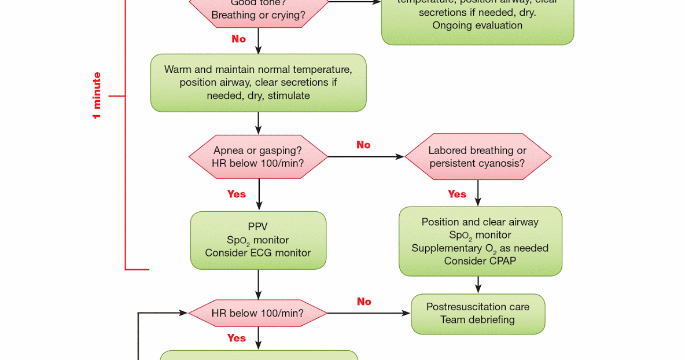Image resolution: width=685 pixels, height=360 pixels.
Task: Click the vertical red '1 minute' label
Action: point(97,95)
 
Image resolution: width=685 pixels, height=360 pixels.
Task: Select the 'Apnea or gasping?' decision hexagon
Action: point(258,157)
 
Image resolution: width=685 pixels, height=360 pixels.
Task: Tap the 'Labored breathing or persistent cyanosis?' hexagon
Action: point(477,157)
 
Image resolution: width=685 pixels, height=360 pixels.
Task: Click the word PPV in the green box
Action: point(258,226)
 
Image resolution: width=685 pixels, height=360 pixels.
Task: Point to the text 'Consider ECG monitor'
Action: point(258,253)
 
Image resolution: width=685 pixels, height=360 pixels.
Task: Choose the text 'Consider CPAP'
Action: point(480,261)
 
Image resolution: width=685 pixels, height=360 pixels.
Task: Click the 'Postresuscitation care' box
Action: point(478,313)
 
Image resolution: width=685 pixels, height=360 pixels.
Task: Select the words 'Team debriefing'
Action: point(478,319)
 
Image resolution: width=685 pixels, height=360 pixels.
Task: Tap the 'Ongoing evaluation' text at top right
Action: point(477,25)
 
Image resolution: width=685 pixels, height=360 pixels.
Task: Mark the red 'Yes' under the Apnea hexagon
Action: point(237,194)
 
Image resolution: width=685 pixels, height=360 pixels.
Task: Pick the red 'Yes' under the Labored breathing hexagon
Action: point(457,194)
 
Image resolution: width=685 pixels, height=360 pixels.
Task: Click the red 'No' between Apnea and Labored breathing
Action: point(363,145)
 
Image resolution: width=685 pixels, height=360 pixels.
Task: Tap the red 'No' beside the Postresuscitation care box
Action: point(364,302)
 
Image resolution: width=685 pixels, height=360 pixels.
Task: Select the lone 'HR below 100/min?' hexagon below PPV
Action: point(258,313)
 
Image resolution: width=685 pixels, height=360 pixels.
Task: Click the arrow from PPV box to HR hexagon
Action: point(258,284)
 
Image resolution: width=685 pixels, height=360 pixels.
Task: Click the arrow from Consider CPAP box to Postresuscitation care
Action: point(478,285)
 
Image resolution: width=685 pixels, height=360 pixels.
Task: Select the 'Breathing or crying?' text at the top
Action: point(258,15)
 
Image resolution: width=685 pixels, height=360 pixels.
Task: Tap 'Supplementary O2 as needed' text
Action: point(480,248)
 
